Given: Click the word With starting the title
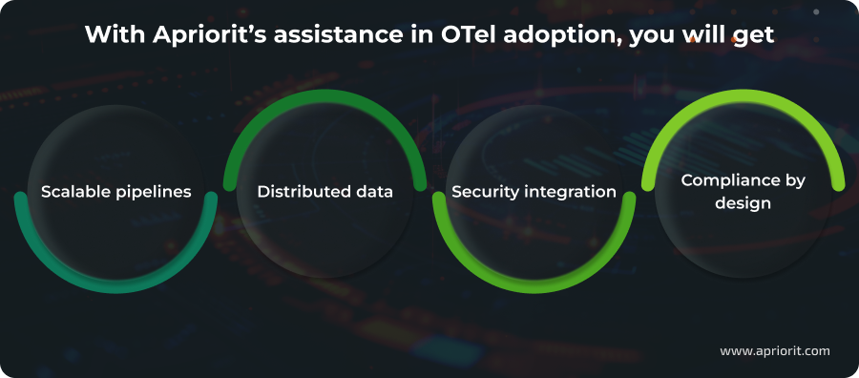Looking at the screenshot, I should point(112,34).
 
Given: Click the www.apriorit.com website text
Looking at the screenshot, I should point(774,350).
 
